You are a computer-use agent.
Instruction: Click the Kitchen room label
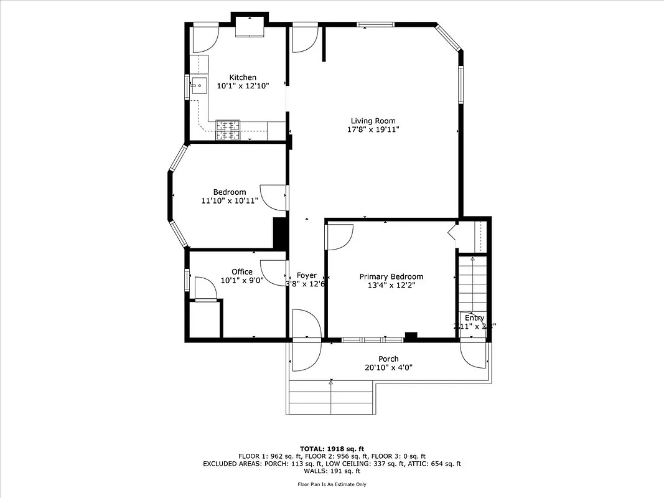pyautogui.click(x=242, y=77)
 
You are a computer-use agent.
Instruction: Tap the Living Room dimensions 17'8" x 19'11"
pyautogui.click(x=373, y=130)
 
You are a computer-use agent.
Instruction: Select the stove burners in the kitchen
pyautogui.click(x=228, y=129)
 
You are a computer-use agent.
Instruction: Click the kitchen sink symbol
pyautogui.click(x=199, y=87)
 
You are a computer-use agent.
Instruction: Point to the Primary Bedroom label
pyautogui.click(x=391, y=276)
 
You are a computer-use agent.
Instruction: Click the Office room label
pyautogui.click(x=242, y=271)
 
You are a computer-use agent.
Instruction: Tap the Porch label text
pyautogui.click(x=388, y=359)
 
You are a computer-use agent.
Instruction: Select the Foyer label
pyautogui.click(x=306, y=275)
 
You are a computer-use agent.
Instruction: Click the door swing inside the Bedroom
pyautogui.click(x=271, y=197)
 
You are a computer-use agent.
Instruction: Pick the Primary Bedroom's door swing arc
pyautogui.click(x=340, y=237)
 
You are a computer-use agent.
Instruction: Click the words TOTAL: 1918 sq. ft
pyautogui.click(x=332, y=448)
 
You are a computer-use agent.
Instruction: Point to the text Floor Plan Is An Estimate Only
pyautogui.click(x=332, y=484)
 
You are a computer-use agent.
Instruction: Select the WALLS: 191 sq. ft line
pyautogui.click(x=332, y=471)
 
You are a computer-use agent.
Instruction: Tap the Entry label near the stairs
pyautogui.click(x=474, y=318)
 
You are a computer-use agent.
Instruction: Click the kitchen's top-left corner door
pyautogui.click(x=204, y=39)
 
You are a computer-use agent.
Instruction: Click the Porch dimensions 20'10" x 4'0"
pyautogui.click(x=388, y=367)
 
